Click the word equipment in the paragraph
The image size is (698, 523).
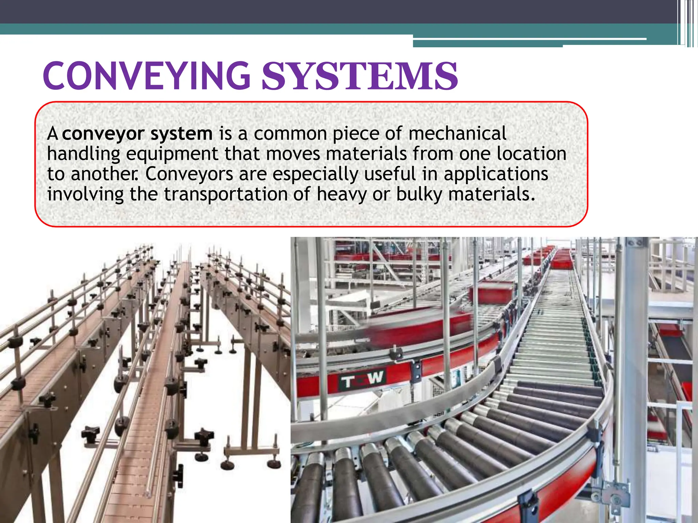(172, 154)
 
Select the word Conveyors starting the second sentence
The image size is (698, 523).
(189, 174)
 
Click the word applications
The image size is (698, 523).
(496, 175)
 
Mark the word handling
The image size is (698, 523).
(84, 154)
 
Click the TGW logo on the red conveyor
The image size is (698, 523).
(361, 379)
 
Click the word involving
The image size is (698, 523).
(85, 195)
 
